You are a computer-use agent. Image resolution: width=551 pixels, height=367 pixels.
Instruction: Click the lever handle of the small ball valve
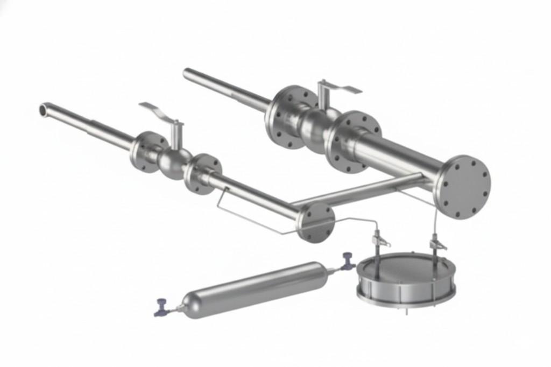tap(157, 111)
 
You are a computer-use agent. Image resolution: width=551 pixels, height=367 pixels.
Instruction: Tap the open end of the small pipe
tap(44, 109)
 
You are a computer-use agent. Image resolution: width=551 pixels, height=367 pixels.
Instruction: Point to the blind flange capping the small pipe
tap(316, 222)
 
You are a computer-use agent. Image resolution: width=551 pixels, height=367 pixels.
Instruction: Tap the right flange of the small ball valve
tap(202, 173)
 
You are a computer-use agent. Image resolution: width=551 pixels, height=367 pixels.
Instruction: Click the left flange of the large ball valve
tap(288, 116)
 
